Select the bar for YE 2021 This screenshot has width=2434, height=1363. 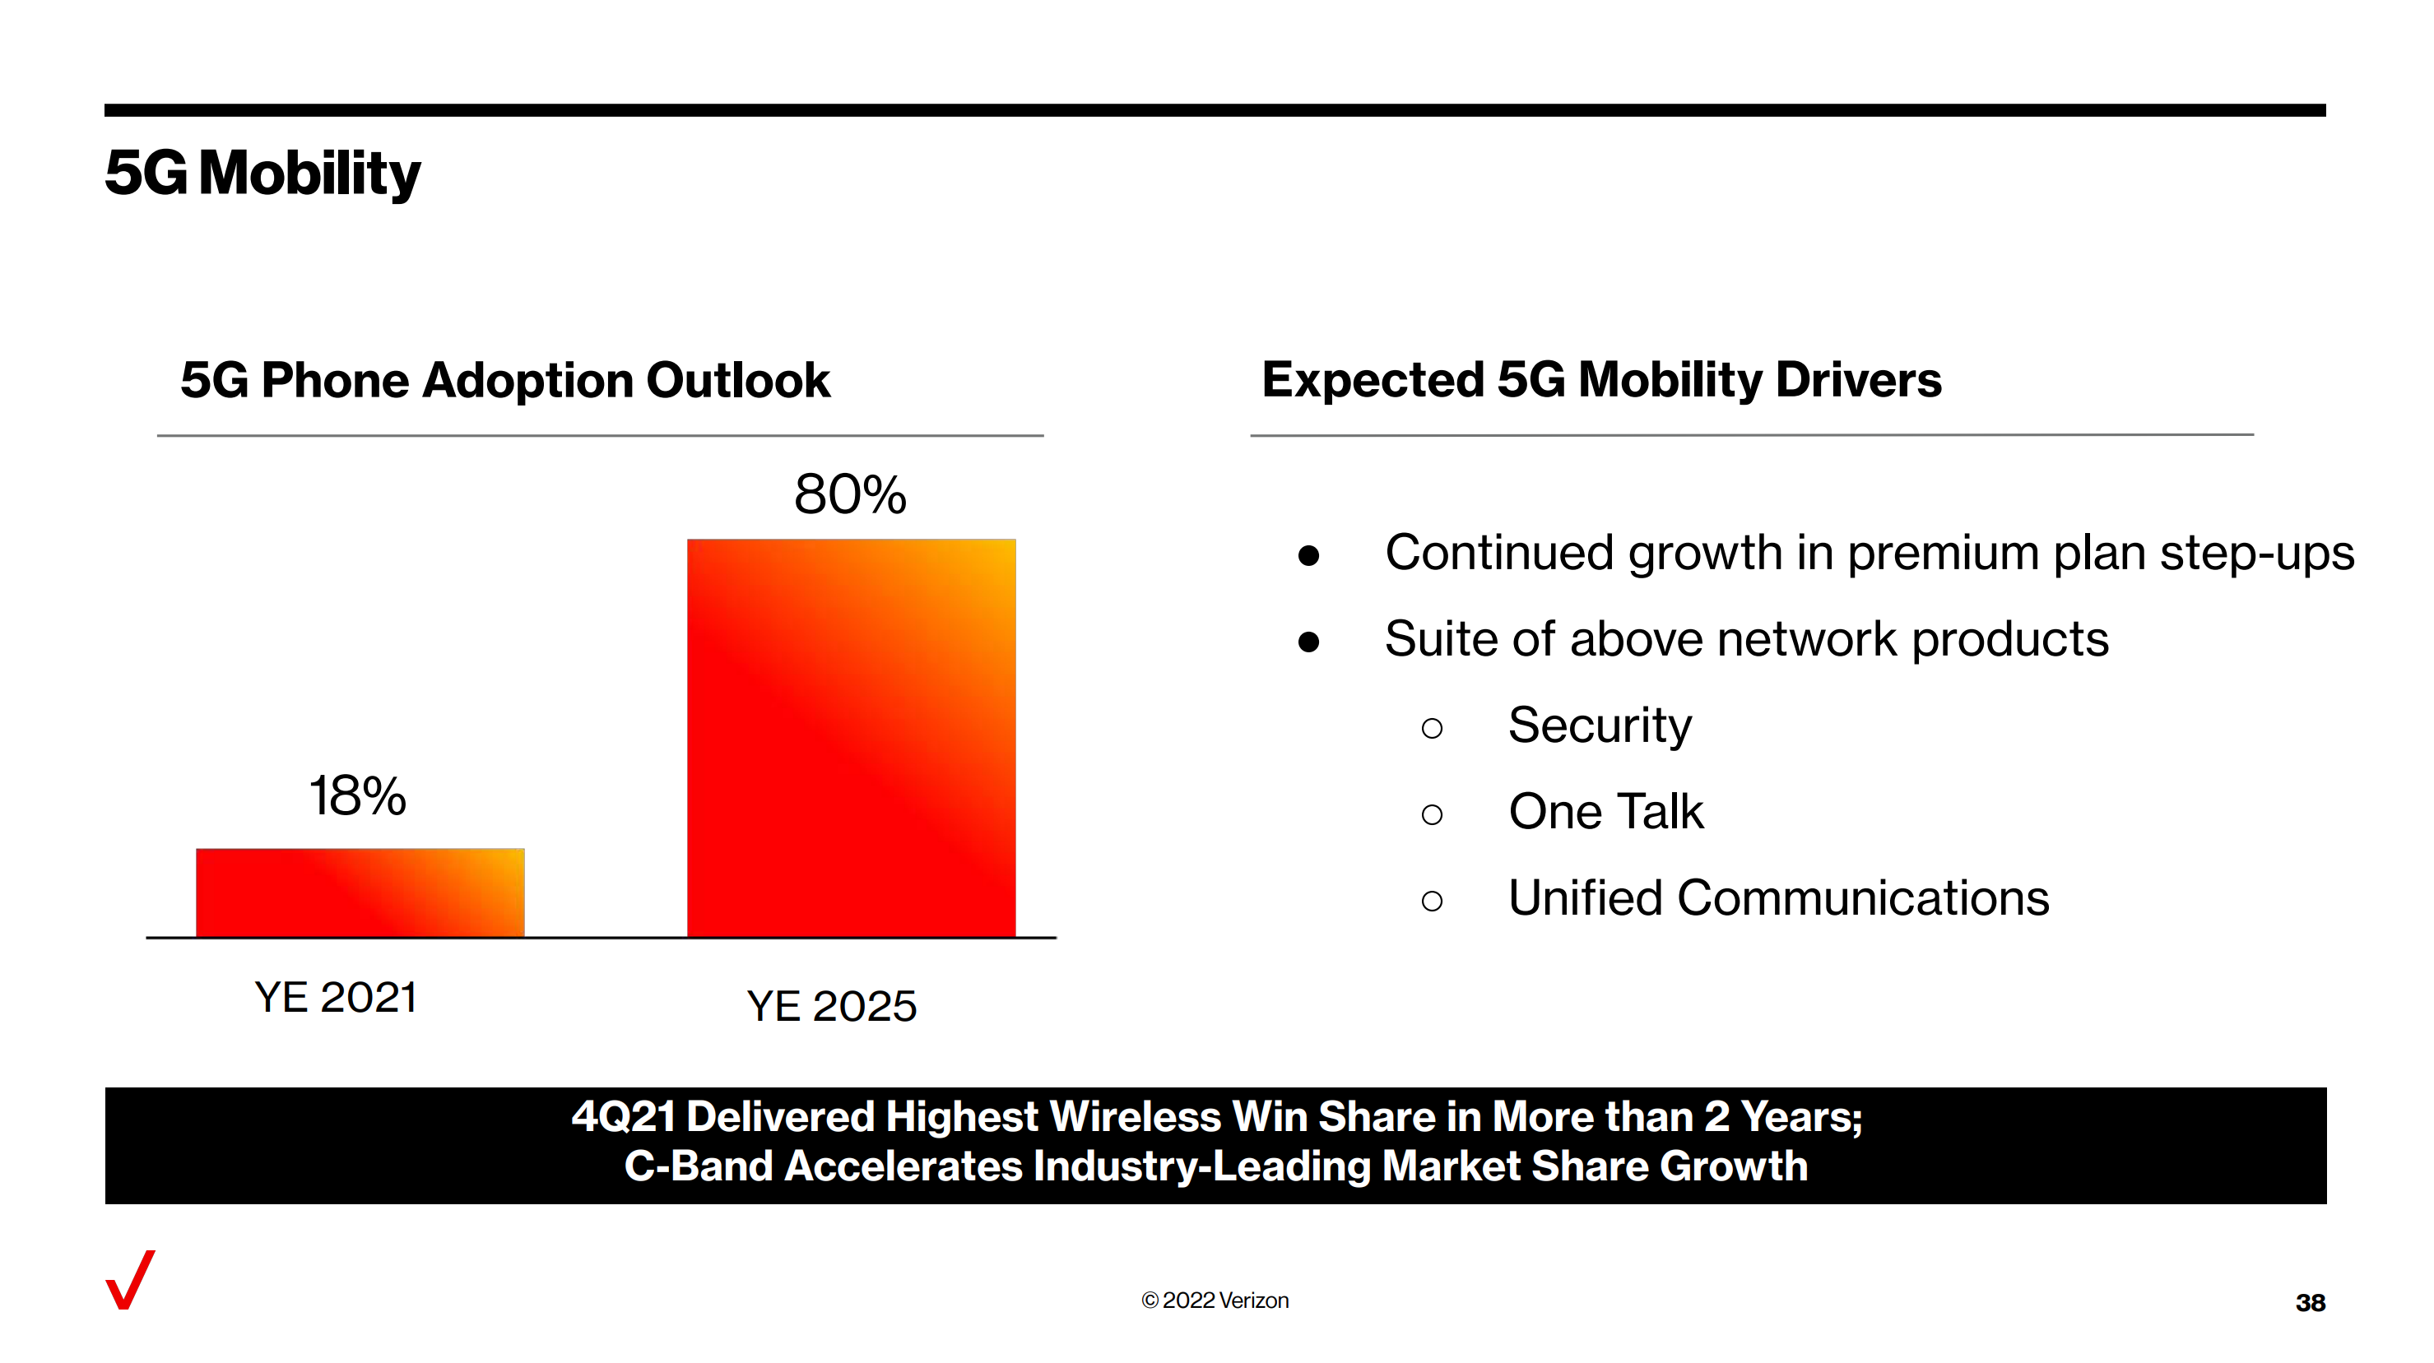pyautogui.click(x=360, y=892)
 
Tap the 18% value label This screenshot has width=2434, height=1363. pyautogui.click(x=358, y=795)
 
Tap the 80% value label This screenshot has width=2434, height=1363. pyautogui.click(x=850, y=494)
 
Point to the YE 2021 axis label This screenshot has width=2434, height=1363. pyautogui.click(x=337, y=998)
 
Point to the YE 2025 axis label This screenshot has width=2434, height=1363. pyautogui.click(x=831, y=1006)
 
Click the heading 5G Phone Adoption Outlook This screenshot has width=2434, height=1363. pyautogui.click(x=504, y=381)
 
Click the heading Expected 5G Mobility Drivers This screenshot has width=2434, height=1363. pyautogui.click(x=1601, y=380)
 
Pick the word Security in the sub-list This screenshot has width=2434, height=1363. pyautogui.click(x=1600, y=726)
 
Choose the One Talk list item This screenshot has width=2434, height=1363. pyautogui.click(x=1605, y=811)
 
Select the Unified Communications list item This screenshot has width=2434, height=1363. pyautogui.click(x=1778, y=898)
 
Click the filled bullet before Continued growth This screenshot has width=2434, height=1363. pyautogui.click(x=1308, y=555)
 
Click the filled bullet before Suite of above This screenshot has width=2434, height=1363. pyautogui.click(x=1308, y=642)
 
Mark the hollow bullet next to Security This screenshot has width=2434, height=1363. pyautogui.click(x=1433, y=727)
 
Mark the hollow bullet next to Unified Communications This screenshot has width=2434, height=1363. pyautogui.click(x=1433, y=900)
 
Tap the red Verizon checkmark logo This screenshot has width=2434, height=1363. pyautogui.click(x=130, y=1280)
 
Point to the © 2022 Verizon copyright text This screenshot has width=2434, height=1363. pyautogui.click(x=1215, y=1300)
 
